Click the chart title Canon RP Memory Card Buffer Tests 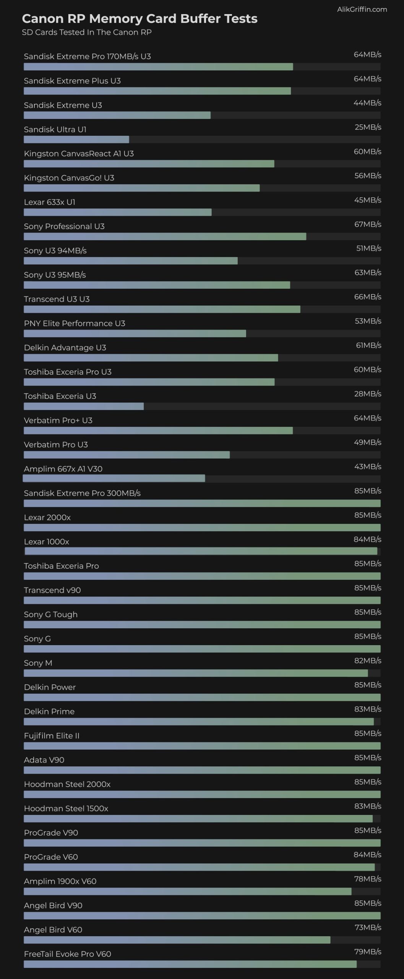point(140,18)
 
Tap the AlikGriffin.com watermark point(362,10)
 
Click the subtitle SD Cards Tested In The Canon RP point(87,33)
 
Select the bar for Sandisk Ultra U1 point(76,140)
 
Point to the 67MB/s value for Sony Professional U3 point(368,224)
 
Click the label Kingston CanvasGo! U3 point(69,178)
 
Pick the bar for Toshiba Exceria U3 point(84,406)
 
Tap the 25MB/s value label point(368,127)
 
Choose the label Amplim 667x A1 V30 point(63,469)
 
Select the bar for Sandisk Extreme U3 point(117,115)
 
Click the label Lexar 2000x point(47,517)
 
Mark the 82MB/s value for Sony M point(368,660)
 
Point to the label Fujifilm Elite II point(52,736)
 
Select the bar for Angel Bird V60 point(177,940)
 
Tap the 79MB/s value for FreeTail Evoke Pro point(368,951)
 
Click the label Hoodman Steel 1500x point(66,808)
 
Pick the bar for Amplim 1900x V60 point(187,891)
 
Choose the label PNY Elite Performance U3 point(75,324)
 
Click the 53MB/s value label point(368,321)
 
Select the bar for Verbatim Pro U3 point(127,455)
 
